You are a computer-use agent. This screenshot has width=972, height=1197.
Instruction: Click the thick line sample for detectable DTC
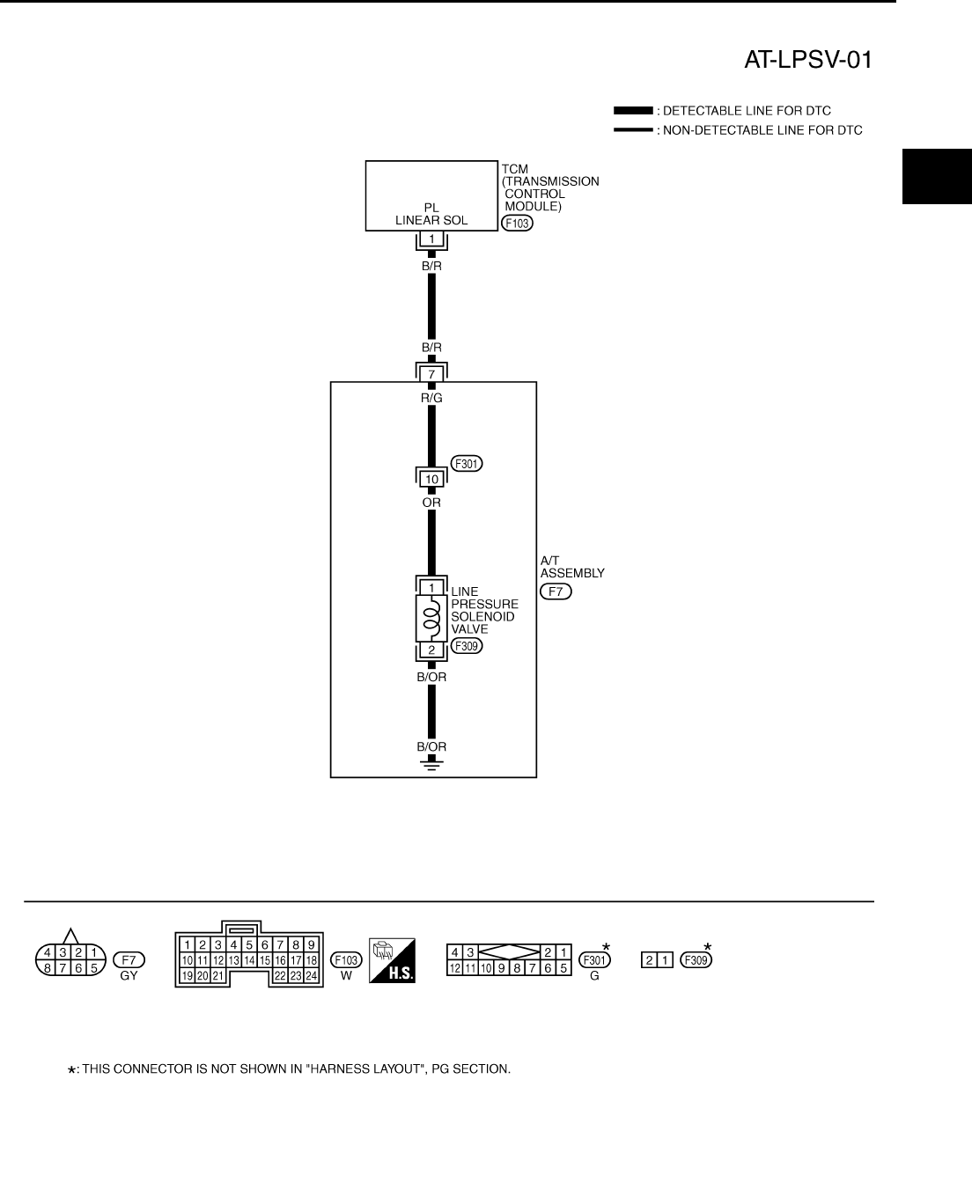(633, 111)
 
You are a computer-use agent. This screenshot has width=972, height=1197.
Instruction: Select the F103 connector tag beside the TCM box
(516, 224)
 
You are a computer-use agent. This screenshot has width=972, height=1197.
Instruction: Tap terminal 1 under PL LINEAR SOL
(431, 239)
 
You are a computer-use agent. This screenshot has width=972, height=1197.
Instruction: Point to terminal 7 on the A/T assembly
(431, 374)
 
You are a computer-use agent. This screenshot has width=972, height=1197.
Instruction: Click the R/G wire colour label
(431, 398)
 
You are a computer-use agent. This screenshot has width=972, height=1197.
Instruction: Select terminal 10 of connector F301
(431, 479)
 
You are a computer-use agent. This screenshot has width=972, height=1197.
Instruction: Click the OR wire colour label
(431, 503)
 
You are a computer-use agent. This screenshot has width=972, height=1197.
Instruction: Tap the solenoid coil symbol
(431, 616)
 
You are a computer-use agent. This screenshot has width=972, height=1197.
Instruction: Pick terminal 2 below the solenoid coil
(431, 650)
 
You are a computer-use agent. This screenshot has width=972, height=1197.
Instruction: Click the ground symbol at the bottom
(431, 763)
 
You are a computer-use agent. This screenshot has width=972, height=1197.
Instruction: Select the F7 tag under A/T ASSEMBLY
(556, 591)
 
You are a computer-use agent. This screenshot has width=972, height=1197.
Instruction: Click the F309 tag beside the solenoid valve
(467, 646)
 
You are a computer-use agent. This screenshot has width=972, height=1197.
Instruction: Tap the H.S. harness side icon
(392, 960)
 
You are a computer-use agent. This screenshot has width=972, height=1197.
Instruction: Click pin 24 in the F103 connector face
(310, 975)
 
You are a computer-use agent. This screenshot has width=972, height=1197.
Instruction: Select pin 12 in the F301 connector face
(455, 967)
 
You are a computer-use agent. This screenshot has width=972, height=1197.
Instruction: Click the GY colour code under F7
(129, 976)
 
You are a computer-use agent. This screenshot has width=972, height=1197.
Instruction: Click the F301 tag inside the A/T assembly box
(467, 464)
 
